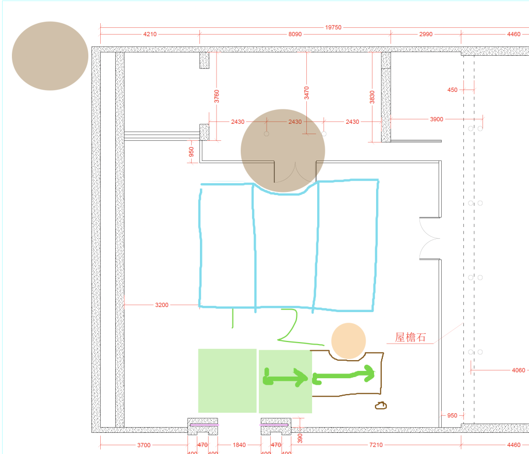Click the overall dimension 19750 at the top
[x=333, y=27]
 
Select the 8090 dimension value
[x=295, y=34]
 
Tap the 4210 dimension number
[x=150, y=34]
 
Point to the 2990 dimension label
[x=426, y=34]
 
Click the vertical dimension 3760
[x=216, y=96]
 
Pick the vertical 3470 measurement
[x=306, y=93]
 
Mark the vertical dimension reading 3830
[x=372, y=97]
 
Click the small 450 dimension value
[x=453, y=90]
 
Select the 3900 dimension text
[x=437, y=119]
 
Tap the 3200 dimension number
[x=162, y=305]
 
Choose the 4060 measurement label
[x=518, y=370]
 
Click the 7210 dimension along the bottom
[x=376, y=445]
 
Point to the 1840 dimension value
[x=239, y=445]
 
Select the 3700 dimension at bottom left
[x=144, y=445]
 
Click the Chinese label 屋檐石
[x=410, y=337]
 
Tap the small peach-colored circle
[x=349, y=340]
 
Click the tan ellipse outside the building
[x=50, y=56]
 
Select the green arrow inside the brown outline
[x=344, y=376]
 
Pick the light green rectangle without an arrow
[x=227, y=381]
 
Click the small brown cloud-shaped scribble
[x=381, y=406]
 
